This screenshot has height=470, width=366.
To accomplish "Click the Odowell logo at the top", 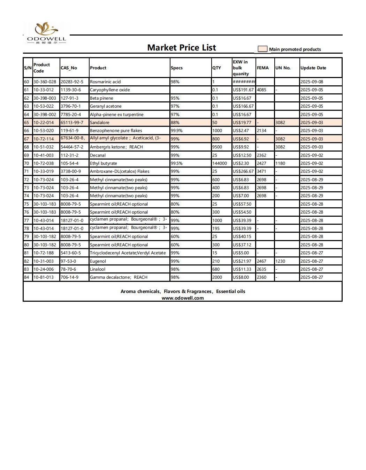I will coord(46,33).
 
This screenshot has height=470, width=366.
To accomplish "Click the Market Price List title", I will coord(182,48).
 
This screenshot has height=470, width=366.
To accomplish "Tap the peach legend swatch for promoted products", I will coord(262,49).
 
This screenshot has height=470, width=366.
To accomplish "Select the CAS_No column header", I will coord(69,68).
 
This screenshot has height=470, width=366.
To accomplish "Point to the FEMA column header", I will coord(263,68).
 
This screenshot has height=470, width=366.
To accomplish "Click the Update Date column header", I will coord(313,68).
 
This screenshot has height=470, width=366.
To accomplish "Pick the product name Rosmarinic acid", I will coord(105,82).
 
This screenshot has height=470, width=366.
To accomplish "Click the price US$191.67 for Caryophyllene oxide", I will coord(243,90).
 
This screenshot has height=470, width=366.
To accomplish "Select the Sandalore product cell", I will coord(100,123).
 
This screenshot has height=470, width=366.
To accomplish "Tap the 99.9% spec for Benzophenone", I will coord(177,131).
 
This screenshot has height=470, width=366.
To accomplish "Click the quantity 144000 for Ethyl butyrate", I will coord(220,163).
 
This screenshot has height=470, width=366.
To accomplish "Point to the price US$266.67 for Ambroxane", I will coord(243,171).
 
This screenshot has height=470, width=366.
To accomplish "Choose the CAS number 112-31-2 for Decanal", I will coord(70,155).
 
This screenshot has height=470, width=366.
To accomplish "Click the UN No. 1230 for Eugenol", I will coord(280,261).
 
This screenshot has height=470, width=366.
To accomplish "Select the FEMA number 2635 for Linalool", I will coord(261,269).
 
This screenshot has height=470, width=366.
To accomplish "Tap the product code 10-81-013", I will coord(44,277).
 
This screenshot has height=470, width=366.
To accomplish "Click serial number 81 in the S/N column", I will coord(26,253).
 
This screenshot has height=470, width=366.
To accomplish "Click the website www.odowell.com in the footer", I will coord(183,298).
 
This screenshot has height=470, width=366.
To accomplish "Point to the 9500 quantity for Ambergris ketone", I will coord(217,147).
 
